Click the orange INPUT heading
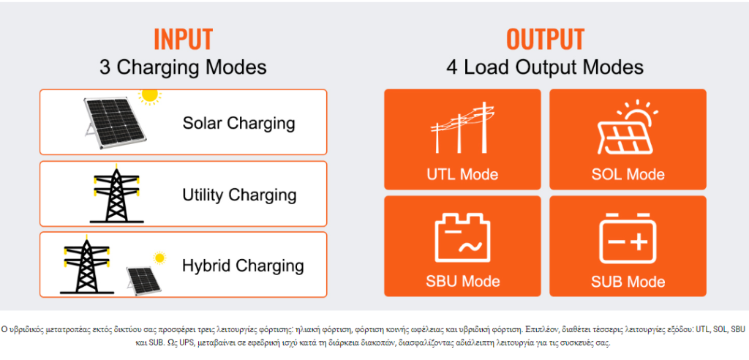click(x=183, y=40)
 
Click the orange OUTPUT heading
click(x=545, y=40)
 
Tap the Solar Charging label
click(x=239, y=124)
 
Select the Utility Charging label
click(x=239, y=195)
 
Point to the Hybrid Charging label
click(x=243, y=266)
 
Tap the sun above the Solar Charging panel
click(x=150, y=96)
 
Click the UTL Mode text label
click(x=462, y=174)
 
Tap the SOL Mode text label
click(x=628, y=174)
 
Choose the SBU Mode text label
click(x=462, y=281)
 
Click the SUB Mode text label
click(x=628, y=281)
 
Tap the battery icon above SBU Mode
click(x=462, y=238)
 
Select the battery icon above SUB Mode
click(x=628, y=238)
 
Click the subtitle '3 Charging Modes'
click(x=183, y=67)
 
